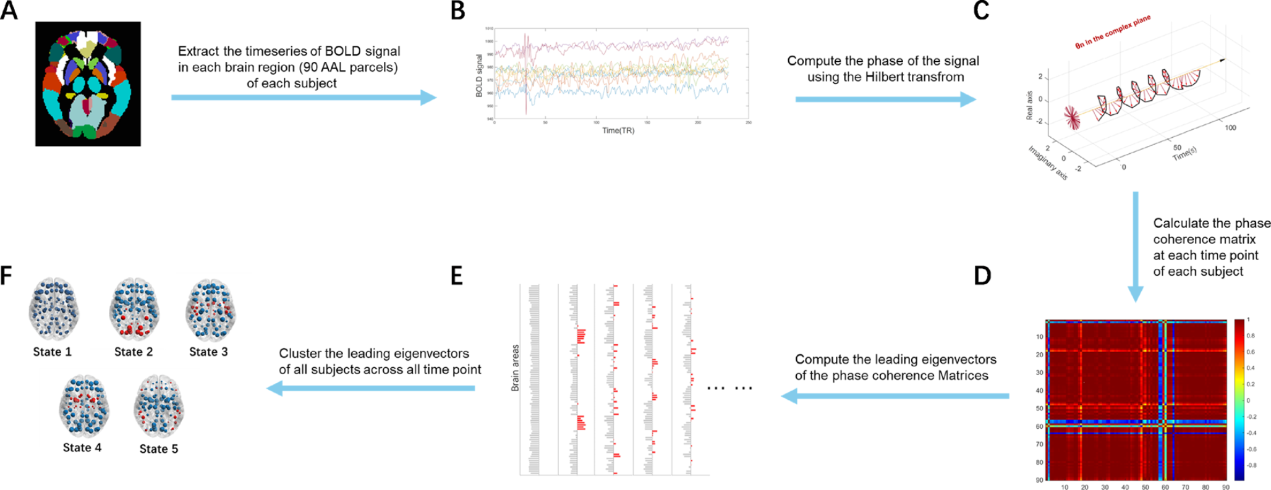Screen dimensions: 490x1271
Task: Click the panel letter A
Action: tap(9, 11)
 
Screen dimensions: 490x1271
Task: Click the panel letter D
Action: tap(982, 276)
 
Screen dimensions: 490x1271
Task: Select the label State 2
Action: tap(134, 352)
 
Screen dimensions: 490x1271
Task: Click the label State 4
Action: tap(82, 447)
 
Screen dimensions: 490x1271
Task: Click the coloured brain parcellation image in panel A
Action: tap(88, 84)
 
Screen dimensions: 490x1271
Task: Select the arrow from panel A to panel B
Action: tap(304, 98)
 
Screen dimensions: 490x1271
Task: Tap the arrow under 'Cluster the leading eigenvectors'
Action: tap(370, 388)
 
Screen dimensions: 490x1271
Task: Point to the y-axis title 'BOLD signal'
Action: tap(479, 75)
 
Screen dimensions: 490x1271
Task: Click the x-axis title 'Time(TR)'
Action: tap(618, 131)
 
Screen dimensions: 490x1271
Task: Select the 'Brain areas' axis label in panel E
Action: tap(515, 368)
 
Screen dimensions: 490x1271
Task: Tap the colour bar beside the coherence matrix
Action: tap(1239, 399)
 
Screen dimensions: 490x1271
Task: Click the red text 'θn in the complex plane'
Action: tap(1113, 32)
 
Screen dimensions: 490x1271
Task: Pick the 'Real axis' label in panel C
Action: tap(1029, 106)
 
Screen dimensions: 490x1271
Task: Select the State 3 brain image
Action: tap(211, 310)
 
